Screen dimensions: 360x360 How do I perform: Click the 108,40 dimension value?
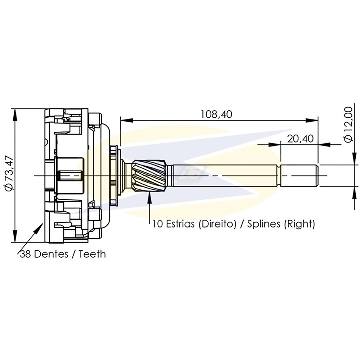tap(216, 114)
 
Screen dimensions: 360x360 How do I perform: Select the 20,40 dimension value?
tap(300, 139)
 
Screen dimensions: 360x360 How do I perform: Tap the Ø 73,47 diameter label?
tap(10, 174)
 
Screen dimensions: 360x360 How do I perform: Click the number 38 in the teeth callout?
tap(26, 254)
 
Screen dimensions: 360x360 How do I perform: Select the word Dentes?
tap(51, 254)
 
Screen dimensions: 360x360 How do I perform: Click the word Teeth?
tap(92, 254)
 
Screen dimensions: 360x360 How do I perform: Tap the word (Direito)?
tap(217, 224)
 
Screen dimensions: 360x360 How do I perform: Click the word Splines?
tap(264, 224)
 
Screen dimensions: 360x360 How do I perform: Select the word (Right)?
tap(300, 224)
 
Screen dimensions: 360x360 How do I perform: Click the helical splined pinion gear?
tap(149, 176)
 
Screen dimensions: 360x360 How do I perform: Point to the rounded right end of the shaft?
tap(316, 176)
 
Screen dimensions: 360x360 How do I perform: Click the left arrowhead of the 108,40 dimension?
tap(126, 120)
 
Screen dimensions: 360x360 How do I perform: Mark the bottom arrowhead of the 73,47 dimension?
tap(15, 236)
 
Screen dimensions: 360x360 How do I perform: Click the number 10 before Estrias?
tap(158, 224)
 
